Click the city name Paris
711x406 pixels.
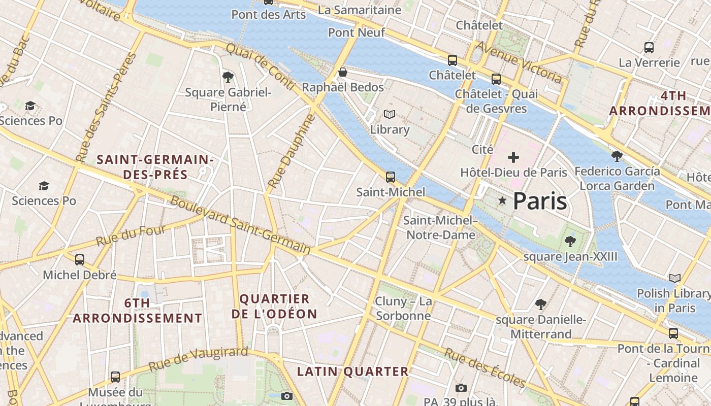(539, 201)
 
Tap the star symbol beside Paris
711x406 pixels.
(502, 201)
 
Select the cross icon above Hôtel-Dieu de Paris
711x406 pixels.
(513, 157)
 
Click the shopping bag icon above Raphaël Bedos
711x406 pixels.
(343, 73)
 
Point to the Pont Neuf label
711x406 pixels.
(356, 32)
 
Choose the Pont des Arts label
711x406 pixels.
(269, 15)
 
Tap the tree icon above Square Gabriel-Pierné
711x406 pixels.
(228, 77)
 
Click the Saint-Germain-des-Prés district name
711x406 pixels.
(155, 167)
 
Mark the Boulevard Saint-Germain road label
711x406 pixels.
(240, 225)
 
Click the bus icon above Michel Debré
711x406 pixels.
(80, 260)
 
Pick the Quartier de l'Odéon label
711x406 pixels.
(274, 307)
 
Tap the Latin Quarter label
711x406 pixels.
(353, 371)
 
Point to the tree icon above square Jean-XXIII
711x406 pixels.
(570, 241)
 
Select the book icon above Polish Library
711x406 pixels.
(674, 278)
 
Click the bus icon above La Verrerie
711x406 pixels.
(649, 48)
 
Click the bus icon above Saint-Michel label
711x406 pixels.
(390, 177)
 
